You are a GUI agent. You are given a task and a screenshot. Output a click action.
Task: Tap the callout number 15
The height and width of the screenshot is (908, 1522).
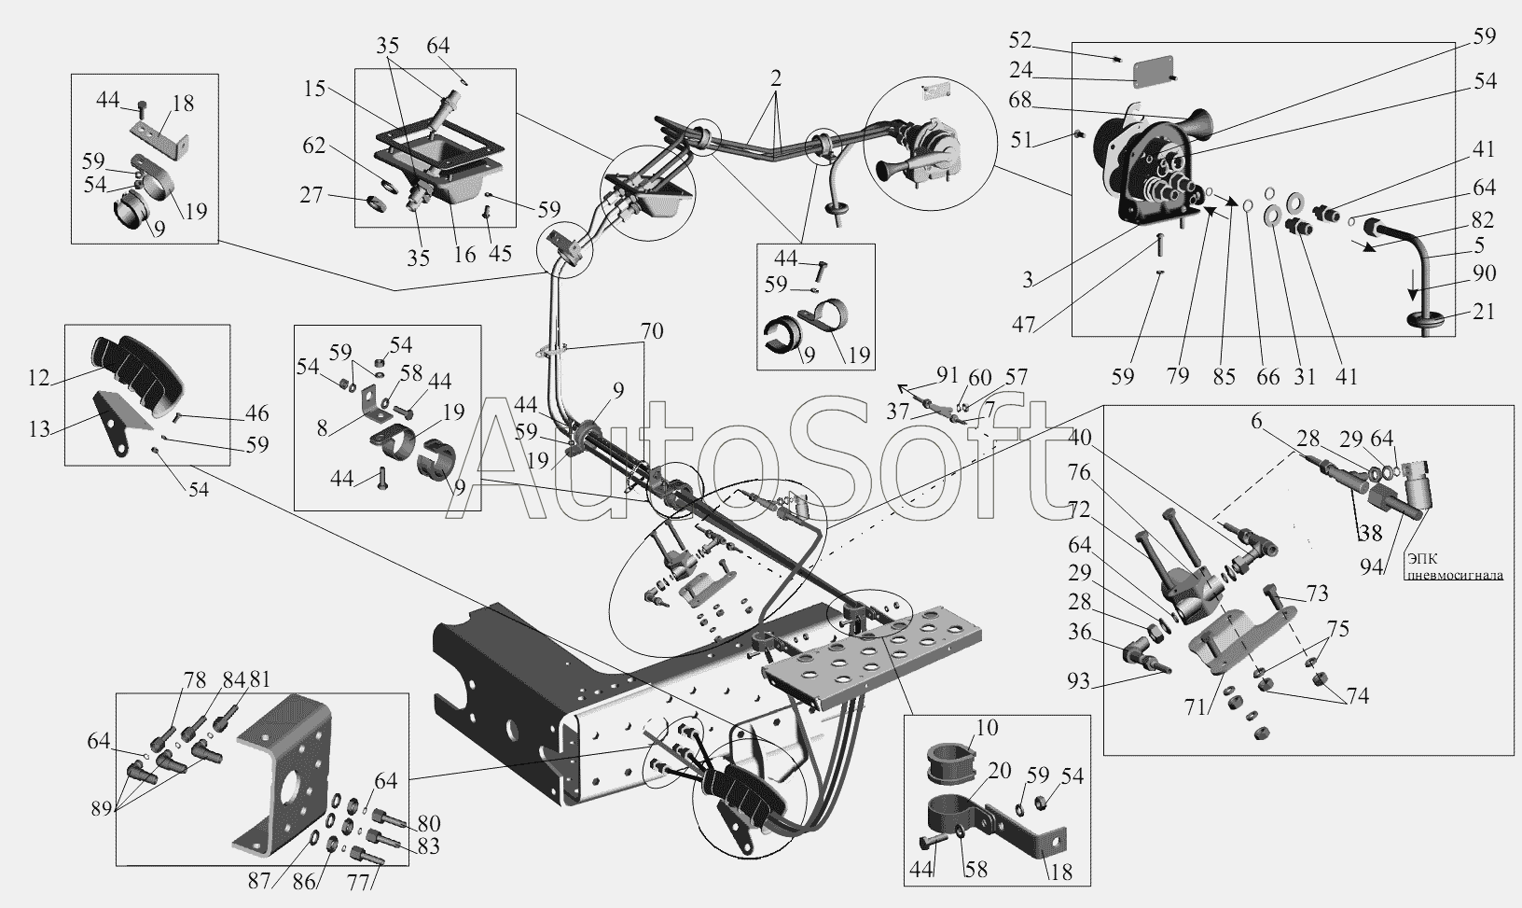click(x=315, y=89)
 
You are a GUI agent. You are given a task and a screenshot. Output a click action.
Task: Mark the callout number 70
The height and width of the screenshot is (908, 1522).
click(x=651, y=331)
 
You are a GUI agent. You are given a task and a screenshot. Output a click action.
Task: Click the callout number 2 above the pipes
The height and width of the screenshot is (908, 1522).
click(x=775, y=78)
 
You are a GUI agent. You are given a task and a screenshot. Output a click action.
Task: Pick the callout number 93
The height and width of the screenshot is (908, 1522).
click(x=1079, y=680)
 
